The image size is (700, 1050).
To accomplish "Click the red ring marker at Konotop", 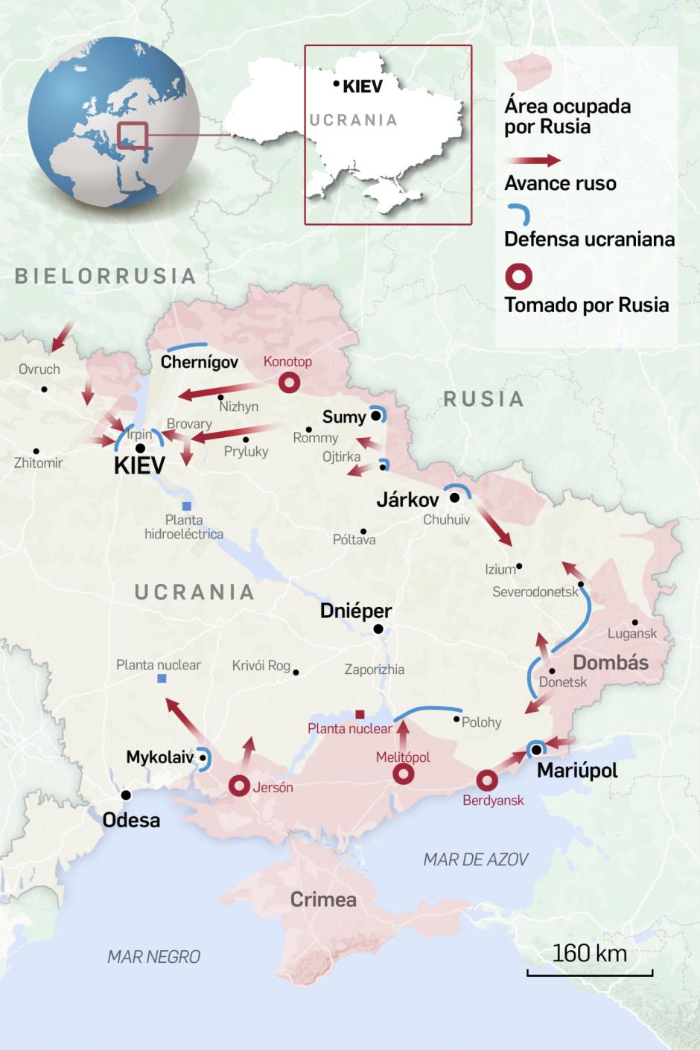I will click(288, 384).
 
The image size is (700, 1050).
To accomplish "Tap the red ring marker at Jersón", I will click(239, 786).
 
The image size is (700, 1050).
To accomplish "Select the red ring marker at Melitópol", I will click(403, 775).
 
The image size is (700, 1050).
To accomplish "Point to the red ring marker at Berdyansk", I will click(487, 780).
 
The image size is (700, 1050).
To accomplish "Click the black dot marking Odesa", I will click(127, 795).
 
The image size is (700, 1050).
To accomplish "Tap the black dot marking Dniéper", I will click(378, 629).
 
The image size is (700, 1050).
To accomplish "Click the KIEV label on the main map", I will click(139, 466).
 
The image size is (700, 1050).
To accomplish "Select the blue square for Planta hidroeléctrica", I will click(186, 506).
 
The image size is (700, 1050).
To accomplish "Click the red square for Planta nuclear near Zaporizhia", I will click(360, 714).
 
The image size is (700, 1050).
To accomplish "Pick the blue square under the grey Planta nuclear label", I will click(163, 678).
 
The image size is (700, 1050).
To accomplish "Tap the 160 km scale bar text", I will click(590, 954).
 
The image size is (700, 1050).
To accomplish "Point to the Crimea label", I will click(323, 900).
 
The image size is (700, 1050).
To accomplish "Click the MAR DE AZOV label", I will click(475, 859).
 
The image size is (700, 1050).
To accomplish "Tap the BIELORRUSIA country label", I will click(106, 276).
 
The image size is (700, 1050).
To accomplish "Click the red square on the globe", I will click(133, 136).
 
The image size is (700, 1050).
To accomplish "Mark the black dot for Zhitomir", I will click(36, 451).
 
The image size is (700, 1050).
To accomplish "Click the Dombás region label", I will click(610, 662).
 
